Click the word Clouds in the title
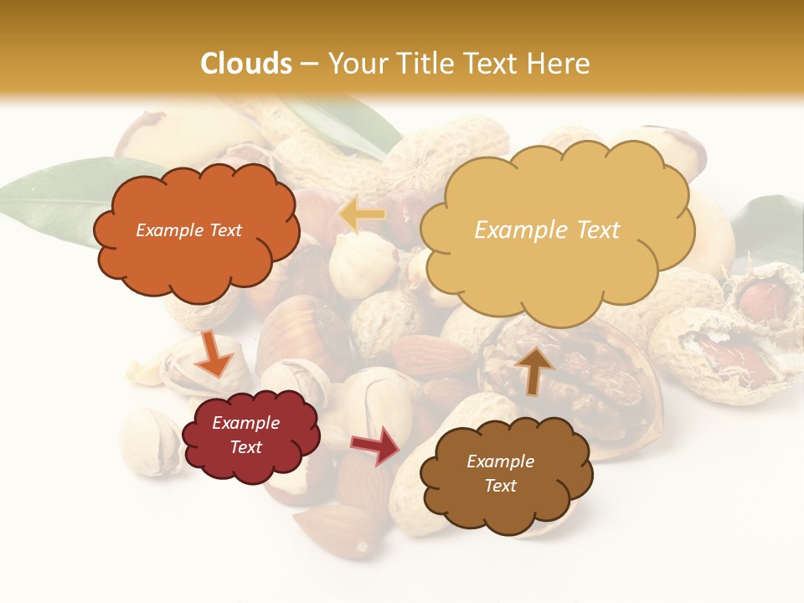click(246, 64)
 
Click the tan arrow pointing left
click(363, 214)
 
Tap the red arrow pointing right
click(376, 446)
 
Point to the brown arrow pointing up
click(533, 369)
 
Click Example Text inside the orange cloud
click(189, 230)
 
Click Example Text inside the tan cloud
click(548, 230)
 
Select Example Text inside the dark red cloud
click(246, 435)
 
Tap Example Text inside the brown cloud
click(501, 473)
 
